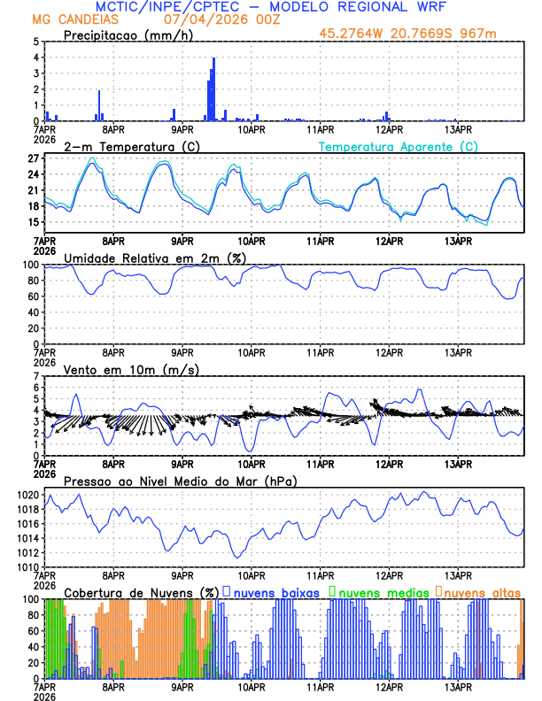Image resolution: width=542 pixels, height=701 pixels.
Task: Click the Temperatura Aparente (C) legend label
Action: [399, 146]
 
